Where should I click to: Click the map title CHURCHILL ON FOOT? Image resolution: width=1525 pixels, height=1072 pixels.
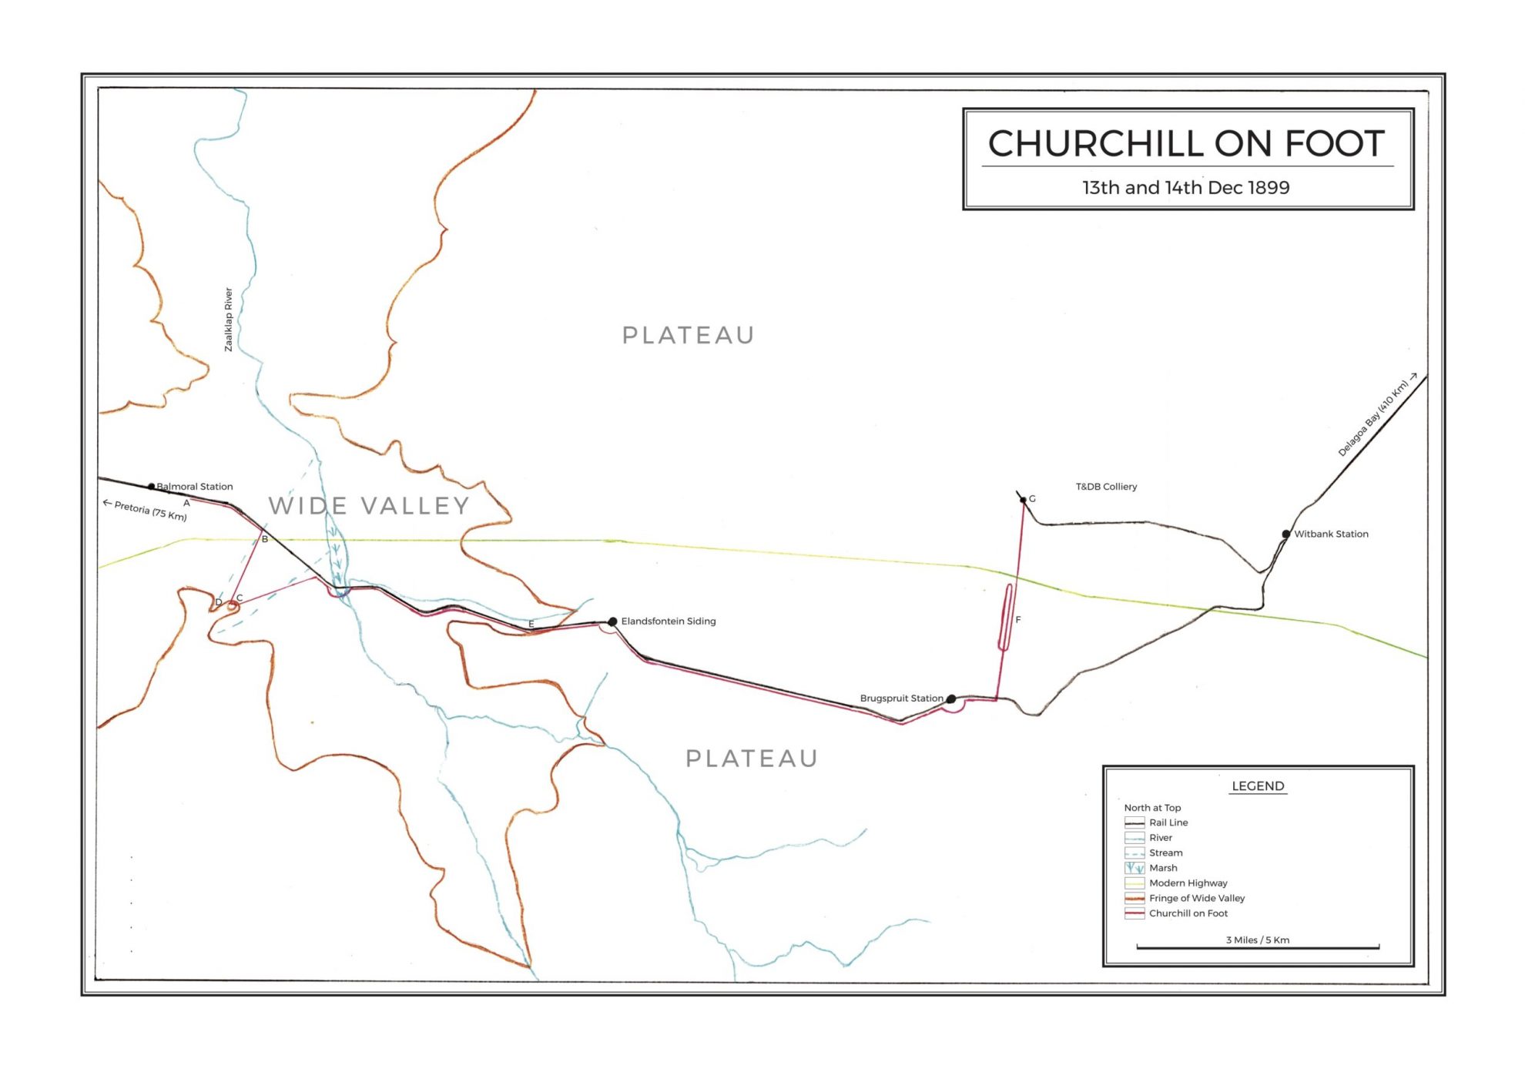coord(1186,144)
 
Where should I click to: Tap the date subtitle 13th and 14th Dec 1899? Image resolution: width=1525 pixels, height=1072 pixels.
coord(1186,188)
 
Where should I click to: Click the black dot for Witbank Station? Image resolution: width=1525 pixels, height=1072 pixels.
coord(1286,534)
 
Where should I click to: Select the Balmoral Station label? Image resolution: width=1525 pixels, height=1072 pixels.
coord(194,487)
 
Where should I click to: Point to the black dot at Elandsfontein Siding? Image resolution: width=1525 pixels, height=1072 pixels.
coord(612,621)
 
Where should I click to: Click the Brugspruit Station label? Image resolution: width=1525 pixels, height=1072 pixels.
coord(901,698)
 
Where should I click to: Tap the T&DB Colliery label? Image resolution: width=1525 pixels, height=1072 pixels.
coord(1106,487)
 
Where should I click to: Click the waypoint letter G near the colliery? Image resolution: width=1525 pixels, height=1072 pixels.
coord(1032,499)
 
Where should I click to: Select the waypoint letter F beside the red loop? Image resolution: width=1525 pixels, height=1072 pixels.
coord(1017,620)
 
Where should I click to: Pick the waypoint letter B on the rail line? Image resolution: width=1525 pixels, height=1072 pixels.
coord(265,539)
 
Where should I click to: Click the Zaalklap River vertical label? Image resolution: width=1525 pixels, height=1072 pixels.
coord(228,320)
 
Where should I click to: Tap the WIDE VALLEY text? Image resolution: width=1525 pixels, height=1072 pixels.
coord(369,506)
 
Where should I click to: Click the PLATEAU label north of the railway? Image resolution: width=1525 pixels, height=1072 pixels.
coord(688,336)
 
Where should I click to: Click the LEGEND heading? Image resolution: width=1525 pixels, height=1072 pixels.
coord(1258,786)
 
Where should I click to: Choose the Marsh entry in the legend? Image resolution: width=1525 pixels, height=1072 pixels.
coord(1163,868)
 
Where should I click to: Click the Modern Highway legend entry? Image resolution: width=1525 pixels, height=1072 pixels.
coord(1188,883)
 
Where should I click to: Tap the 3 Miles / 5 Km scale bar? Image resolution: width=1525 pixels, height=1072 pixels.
coord(1258,946)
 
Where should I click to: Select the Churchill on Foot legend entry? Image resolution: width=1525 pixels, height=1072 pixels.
coord(1188,913)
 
